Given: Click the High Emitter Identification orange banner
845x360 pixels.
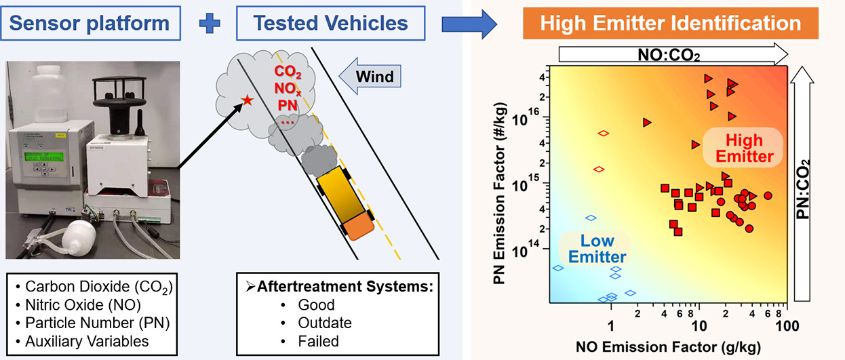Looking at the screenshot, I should tap(670, 24).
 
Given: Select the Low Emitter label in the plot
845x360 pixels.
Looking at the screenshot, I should tap(597, 248).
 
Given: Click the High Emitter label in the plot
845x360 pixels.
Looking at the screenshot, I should tap(743, 148).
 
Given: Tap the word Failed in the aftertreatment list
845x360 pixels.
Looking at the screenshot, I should tap(318, 341).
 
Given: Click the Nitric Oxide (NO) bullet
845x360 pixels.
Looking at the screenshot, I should tap(89, 304).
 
